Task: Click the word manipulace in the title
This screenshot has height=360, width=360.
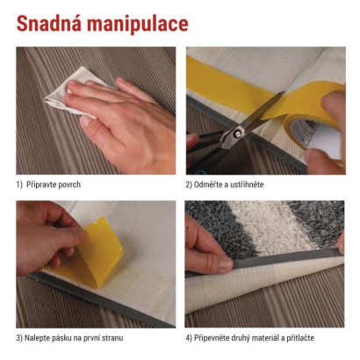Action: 138,25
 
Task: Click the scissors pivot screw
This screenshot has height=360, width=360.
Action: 237,133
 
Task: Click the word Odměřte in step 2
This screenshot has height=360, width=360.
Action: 207,184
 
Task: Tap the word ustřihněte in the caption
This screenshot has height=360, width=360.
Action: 248,184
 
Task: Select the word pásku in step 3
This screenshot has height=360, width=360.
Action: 61,338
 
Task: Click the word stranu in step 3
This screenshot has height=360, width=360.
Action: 112,338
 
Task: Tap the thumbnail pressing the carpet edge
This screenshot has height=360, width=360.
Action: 226,263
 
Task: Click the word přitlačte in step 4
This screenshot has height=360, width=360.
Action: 300,338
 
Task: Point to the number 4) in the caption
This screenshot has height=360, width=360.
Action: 189,338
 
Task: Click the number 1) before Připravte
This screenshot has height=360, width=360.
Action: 19,185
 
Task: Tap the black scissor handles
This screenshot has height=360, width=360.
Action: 205,152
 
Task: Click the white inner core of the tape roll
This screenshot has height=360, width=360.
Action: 318,138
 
